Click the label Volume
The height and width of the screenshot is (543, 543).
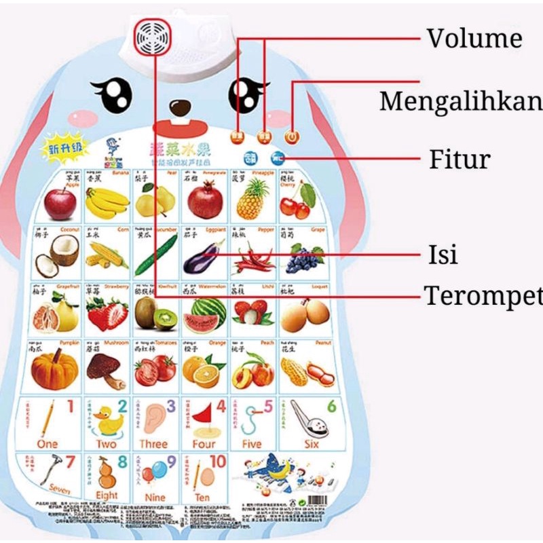474,38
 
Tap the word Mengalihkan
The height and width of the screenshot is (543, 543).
461,101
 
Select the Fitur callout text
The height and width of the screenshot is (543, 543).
460,160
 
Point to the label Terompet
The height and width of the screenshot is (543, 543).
483,296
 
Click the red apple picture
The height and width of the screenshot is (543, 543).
60,203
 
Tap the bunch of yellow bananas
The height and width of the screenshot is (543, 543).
107,202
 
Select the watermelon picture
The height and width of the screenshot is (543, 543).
204,314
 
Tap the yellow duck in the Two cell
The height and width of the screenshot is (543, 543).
107,424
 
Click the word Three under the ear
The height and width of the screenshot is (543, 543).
153,444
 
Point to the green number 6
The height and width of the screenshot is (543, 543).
331,407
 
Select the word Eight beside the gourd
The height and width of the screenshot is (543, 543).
107,496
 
